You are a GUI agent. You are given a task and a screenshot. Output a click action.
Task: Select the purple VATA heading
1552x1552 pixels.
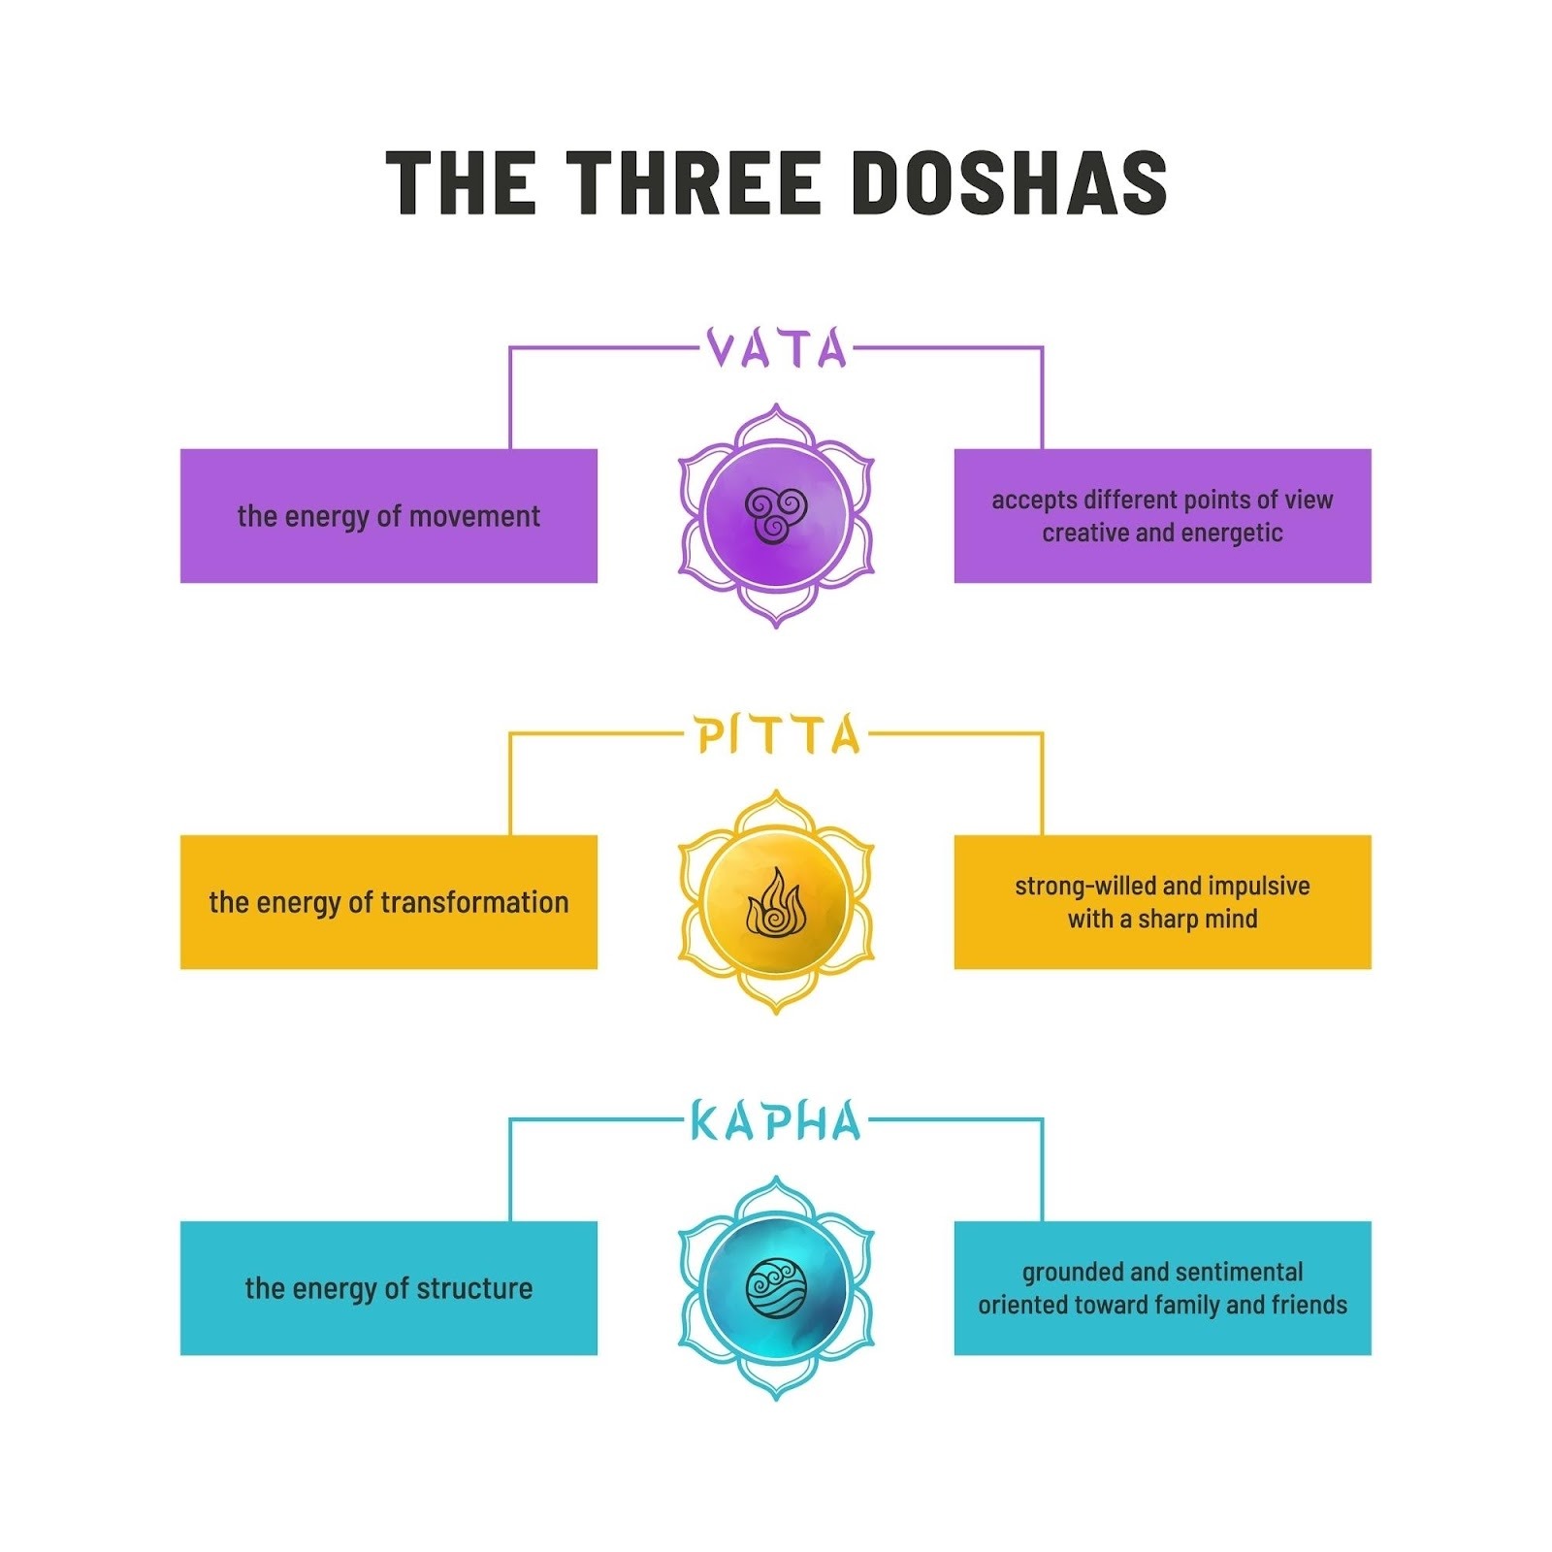tap(776, 349)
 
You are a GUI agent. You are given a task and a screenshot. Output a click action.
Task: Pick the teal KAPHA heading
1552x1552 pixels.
tap(776, 1121)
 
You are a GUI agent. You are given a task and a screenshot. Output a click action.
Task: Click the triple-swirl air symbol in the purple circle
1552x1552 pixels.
tap(775, 514)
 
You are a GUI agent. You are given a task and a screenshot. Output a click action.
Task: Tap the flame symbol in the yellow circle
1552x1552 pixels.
tap(775, 902)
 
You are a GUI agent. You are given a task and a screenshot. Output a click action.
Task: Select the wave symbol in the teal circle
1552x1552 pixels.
tap(775, 1288)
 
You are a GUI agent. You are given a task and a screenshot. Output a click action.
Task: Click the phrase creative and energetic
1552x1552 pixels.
tap(1162, 533)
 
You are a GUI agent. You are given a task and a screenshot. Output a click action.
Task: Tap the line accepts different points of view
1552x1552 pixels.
tap(1162, 500)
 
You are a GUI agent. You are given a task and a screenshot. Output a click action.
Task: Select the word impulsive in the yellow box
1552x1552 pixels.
tap(1259, 886)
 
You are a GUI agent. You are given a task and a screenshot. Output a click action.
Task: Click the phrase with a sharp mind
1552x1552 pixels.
tap(1162, 919)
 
